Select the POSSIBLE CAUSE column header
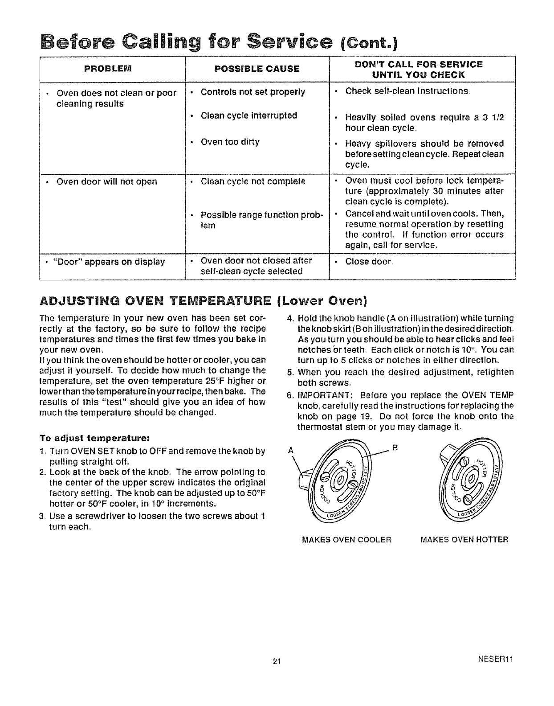tap(257, 69)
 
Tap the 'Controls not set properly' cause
tap(253, 92)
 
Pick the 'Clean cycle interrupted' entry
tap(248, 115)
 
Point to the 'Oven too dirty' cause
tap(230, 142)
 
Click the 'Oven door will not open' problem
tap(106, 182)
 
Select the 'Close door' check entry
tap(368, 261)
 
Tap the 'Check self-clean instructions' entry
tap(407, 91)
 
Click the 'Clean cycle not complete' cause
tap(253, 182)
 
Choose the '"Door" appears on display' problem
tap(109, 262)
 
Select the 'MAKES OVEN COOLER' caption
tap(346, 540)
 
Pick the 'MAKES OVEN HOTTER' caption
tap(464, 540)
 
